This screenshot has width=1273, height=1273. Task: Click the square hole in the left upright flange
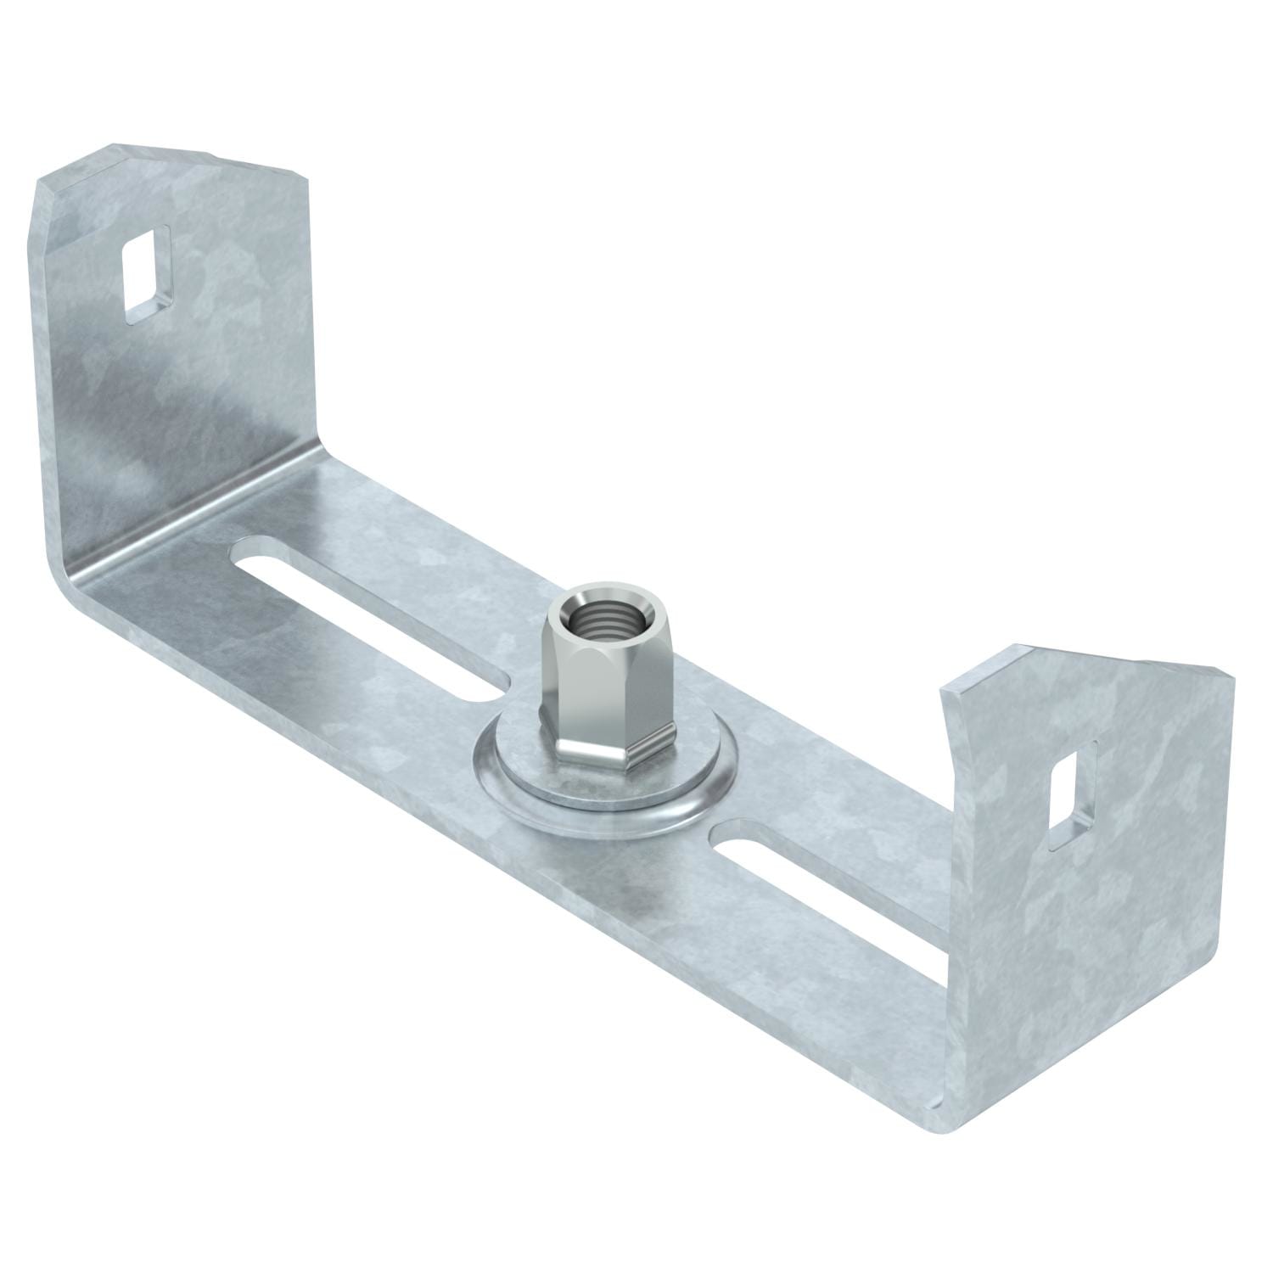point(149,273)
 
